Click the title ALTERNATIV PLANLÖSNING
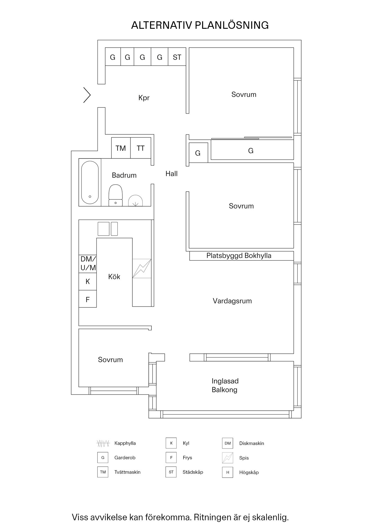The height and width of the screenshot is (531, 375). (200, 25)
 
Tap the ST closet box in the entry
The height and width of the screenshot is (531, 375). (177, 57)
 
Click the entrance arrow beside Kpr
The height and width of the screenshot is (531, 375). (87, 95)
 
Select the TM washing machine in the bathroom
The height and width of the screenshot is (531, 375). (121, 148)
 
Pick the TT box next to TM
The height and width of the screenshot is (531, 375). (141, 148)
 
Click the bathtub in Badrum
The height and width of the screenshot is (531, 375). (90, 183)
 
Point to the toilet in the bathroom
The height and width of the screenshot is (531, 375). (116, 195)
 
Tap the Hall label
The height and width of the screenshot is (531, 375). (171, 174)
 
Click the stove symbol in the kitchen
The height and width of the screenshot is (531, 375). (142, 268)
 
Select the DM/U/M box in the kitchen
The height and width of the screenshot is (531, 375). (88, 264)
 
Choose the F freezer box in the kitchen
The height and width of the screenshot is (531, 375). (88, 300)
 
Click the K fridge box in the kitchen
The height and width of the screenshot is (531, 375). (88, 282)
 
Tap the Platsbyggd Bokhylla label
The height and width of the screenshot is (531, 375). (239, 256)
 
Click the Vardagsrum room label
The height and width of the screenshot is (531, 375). (232, 301)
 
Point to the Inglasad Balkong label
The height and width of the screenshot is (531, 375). (225, 385)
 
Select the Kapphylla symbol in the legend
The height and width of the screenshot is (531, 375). (103, 443)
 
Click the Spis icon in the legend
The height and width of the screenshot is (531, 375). (227, 458)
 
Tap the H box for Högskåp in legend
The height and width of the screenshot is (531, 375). (227, 472)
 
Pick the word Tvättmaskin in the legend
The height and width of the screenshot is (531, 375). (127, 472)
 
